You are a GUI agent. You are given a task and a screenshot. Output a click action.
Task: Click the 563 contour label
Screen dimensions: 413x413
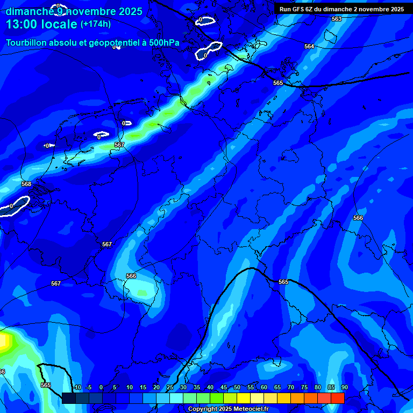(337, 19)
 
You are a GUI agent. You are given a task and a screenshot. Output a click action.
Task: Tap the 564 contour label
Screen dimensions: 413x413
(309, 47)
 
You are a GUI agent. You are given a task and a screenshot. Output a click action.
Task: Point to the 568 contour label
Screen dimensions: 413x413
(26, 184)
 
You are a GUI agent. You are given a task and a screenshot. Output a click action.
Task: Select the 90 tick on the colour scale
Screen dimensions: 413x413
(344, 387)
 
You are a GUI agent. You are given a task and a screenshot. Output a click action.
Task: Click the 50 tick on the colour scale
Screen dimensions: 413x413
(237, 387)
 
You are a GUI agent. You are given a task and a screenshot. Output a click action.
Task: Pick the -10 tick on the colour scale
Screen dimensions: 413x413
(76, 387)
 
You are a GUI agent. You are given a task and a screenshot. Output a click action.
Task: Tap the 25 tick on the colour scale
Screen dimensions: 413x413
(170, 387)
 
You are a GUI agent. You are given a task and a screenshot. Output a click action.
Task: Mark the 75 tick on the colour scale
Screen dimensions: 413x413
(304, 387)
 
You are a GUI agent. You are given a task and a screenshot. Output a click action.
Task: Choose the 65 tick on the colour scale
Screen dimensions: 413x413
(277, 387)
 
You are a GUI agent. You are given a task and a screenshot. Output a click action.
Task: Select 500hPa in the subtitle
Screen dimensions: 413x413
(161, 42)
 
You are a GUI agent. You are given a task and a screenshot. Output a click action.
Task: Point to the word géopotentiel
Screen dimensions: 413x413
(108, 43)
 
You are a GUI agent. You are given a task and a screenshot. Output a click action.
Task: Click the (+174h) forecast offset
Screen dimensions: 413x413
(95, 24)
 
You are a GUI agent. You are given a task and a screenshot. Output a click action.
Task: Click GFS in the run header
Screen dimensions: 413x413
(299, 9)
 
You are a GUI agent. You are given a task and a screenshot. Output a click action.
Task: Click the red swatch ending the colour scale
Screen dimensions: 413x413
(338, 398)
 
